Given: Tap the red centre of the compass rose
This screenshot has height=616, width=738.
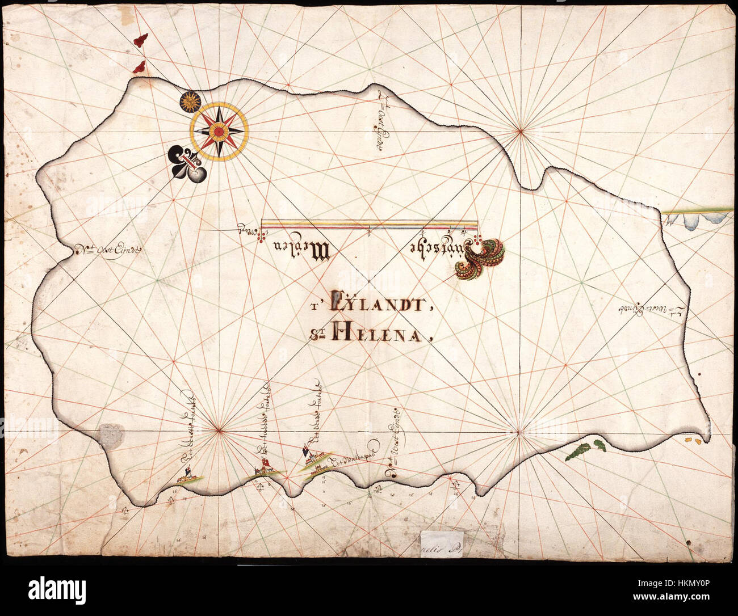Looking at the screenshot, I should click(219, 131).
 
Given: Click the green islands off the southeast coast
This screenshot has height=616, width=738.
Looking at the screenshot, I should click(585, 448).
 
